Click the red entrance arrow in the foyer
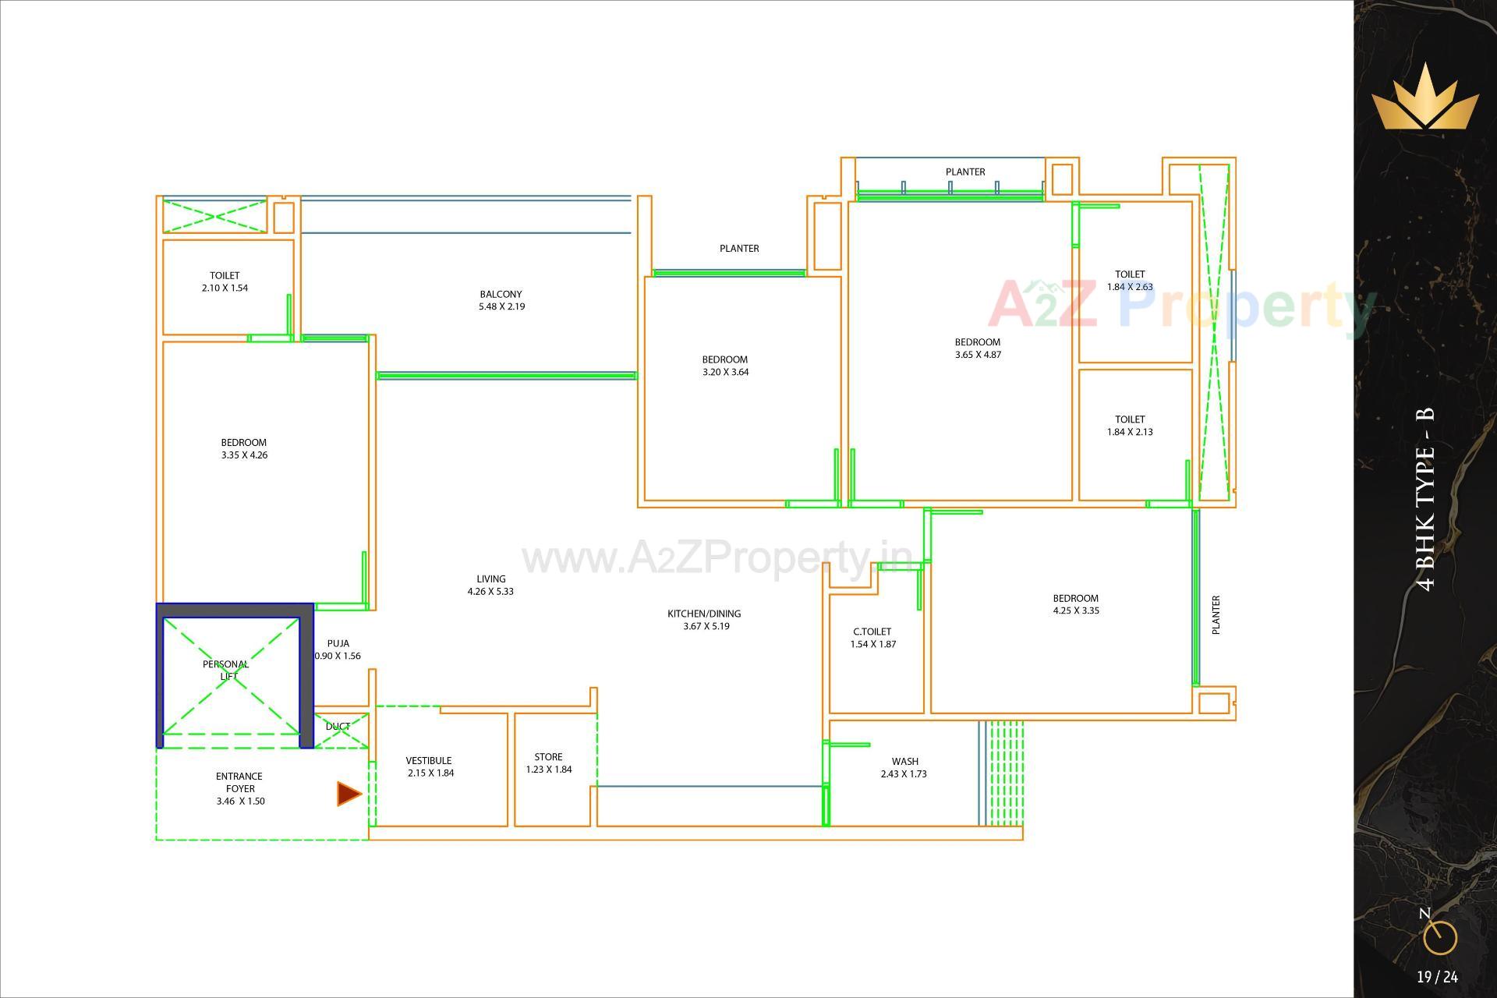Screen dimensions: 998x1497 tap(349, 794)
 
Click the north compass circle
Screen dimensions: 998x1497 tap(1439, 938)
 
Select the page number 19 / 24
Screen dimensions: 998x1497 tap(1437, 977)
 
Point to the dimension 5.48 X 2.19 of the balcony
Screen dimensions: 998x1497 tap(501, 306)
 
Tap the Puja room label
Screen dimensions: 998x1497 tap(338, 643)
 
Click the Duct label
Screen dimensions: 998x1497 tap(338, 726)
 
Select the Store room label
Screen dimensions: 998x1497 tap(548, 756)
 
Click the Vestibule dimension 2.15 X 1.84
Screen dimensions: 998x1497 tap(430, 773)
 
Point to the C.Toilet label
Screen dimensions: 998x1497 tap(872, 632)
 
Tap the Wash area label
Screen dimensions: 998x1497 tap(904, 761)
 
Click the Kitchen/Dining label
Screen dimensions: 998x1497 tap(704, 614)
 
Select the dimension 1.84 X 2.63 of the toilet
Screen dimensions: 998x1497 tap(1130, 286)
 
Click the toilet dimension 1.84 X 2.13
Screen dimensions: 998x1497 tap(1130, 431)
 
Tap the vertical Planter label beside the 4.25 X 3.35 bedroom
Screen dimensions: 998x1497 tap(1216, 614)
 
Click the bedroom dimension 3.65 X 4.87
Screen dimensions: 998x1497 tap(978, 354)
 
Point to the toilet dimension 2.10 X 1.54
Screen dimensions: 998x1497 tap(225, 288)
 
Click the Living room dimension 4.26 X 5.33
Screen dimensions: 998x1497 tap(490, 591)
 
